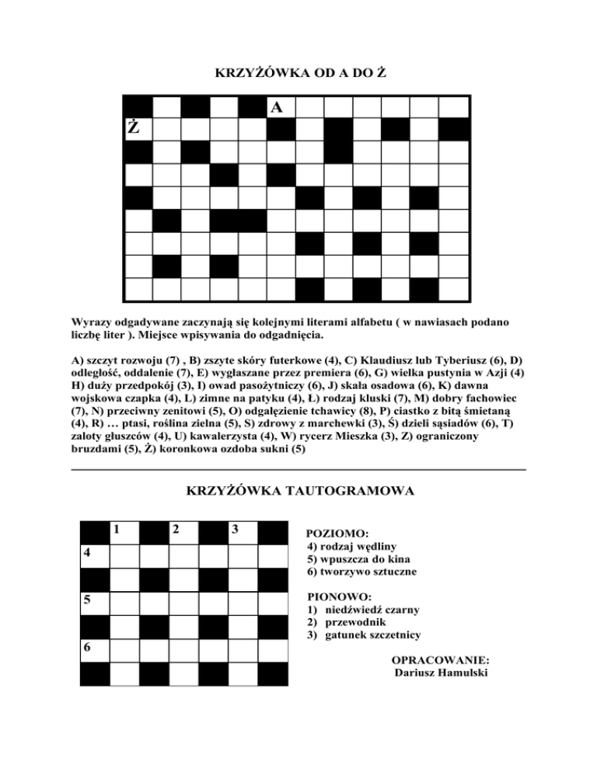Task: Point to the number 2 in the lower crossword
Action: click(x=176, y=530)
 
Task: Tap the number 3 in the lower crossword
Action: click(x=233, y=530)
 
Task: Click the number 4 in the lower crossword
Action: click(x=88, y=554)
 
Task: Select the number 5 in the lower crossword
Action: click(x=88, y=600)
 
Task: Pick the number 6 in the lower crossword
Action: click(x=88, y=647)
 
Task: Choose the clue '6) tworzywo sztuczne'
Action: click(x=362, y=571)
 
